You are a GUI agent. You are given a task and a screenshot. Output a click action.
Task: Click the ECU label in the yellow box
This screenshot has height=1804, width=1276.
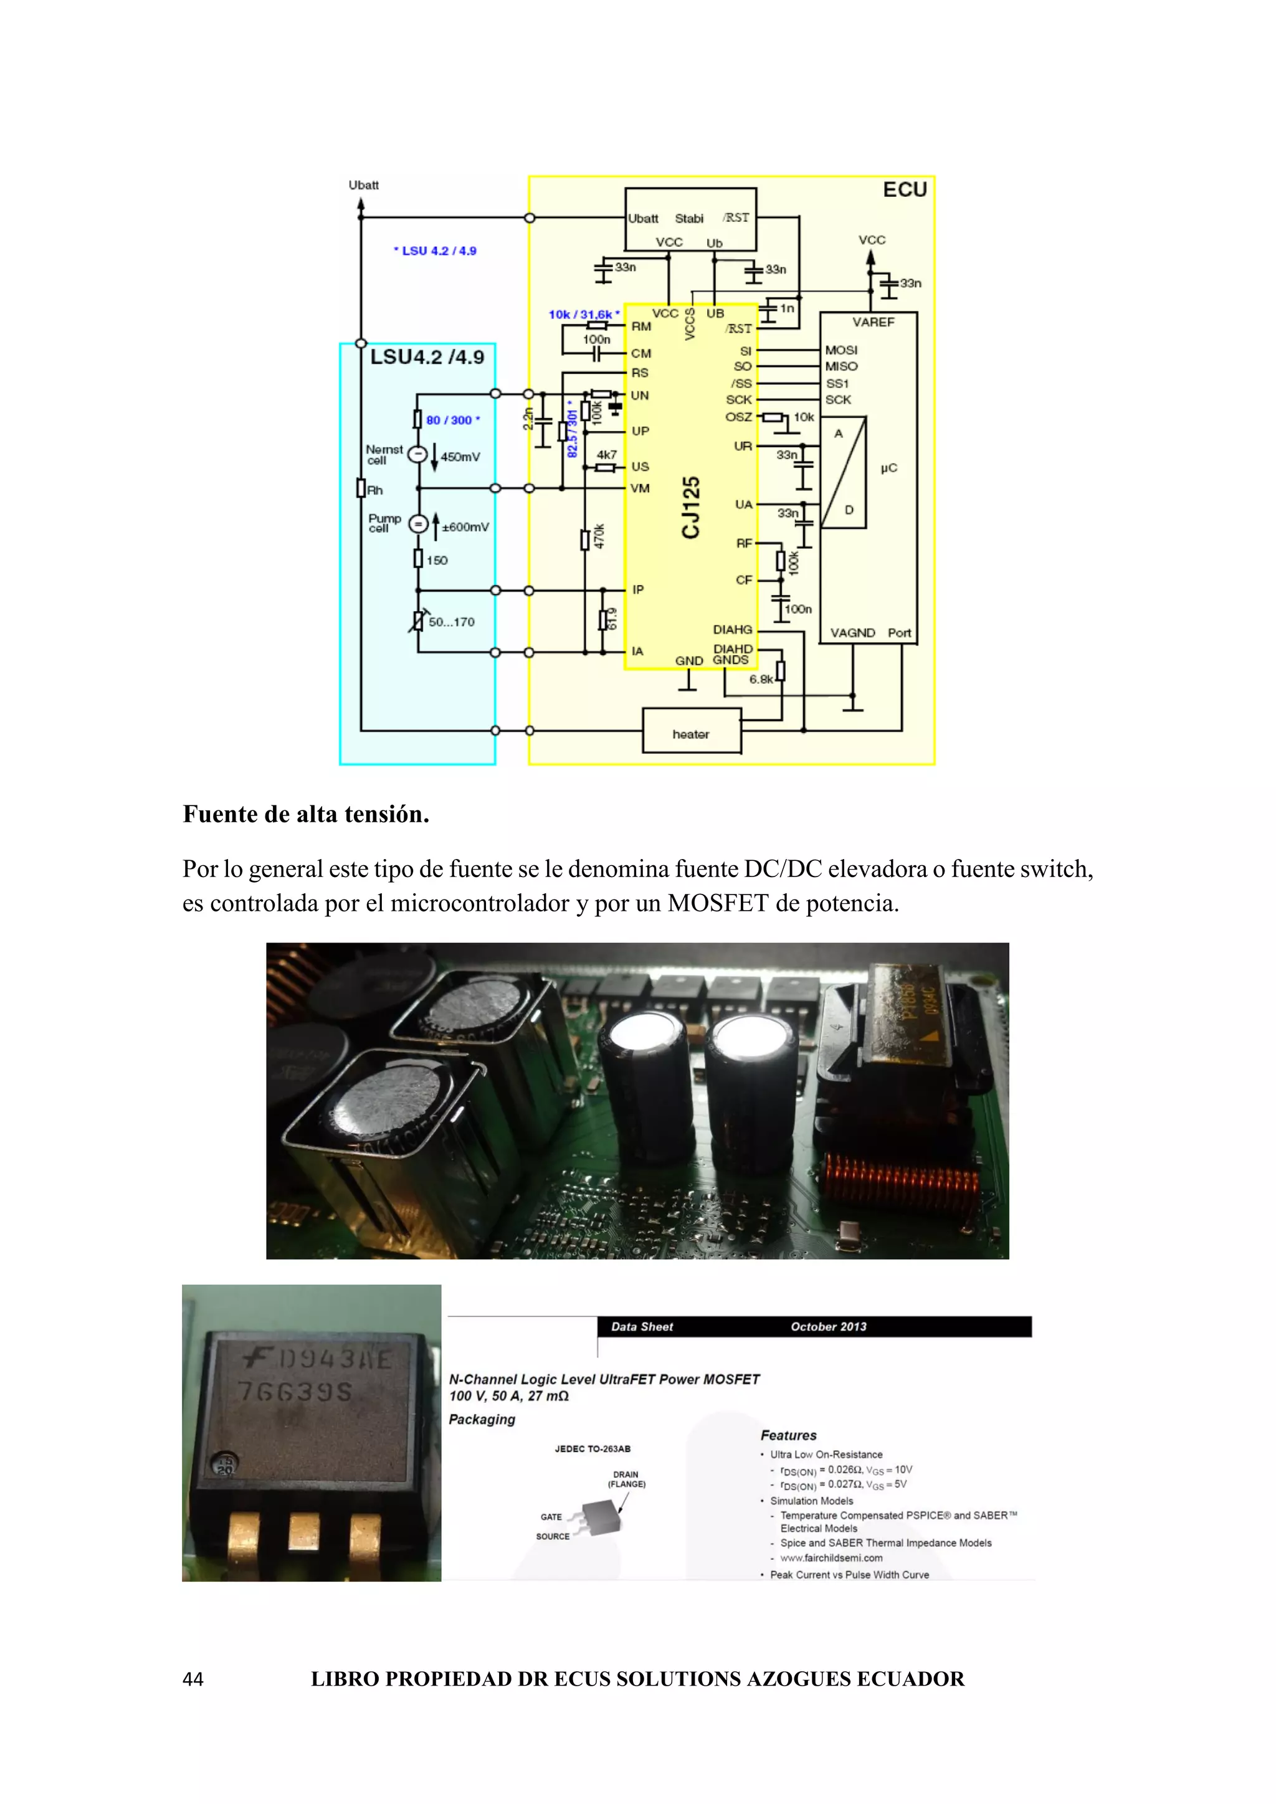click(x=905, y=189)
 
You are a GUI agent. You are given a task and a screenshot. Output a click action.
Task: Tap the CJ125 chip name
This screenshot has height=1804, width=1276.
click(x=690, y=508)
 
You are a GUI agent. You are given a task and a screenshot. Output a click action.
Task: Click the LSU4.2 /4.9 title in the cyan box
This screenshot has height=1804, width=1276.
click(x=427, y=358)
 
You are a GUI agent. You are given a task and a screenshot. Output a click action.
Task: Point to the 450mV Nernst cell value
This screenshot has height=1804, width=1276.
click(x=460, y=457)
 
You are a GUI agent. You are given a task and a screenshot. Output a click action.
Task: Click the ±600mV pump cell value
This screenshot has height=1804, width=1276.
click(x=465, y=527)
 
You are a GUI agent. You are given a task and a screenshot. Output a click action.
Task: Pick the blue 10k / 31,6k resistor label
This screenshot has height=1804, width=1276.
click(x=583, y=315)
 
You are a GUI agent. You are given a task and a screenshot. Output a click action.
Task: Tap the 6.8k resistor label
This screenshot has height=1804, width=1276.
click(x=761, y=680)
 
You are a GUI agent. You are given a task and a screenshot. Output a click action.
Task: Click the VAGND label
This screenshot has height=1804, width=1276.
click(x=852, y=632)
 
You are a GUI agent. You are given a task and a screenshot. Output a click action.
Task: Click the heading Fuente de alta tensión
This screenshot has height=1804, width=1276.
click(x=306, y=814)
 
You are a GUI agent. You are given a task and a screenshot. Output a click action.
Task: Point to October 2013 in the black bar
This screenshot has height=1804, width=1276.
click(x=828, y=1326)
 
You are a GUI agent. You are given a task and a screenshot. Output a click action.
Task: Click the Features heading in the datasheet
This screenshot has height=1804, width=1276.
click(x=788, y=1435)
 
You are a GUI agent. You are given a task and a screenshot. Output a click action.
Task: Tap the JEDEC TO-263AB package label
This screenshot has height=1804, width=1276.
click(x=593, y=1449)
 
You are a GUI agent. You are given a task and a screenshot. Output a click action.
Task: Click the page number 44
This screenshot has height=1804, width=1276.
click(x=193, y=1679)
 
